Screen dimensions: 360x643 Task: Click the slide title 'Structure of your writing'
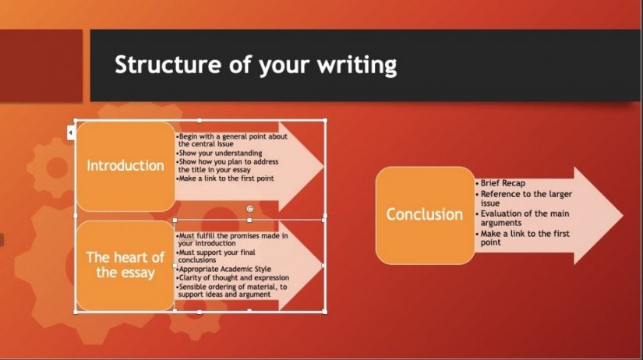click(x=256, y=65)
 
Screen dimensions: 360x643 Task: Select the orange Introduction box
click(x=125, y=166)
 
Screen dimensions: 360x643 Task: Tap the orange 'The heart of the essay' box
click(x=125, y=265)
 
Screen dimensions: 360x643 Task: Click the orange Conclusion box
click(x=425, y=214)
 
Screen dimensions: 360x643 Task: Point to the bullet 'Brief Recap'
click(x=503, y=183)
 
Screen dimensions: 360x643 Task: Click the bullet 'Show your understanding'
click(x=221, y=153)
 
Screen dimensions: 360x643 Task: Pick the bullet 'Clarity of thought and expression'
click(x=234, y=277)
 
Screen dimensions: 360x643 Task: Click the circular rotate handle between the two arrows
click(x=249, y=208)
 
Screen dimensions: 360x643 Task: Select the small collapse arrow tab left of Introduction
click(x=70, y=133)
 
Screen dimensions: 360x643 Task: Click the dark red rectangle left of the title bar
click(x=41, y=65)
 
